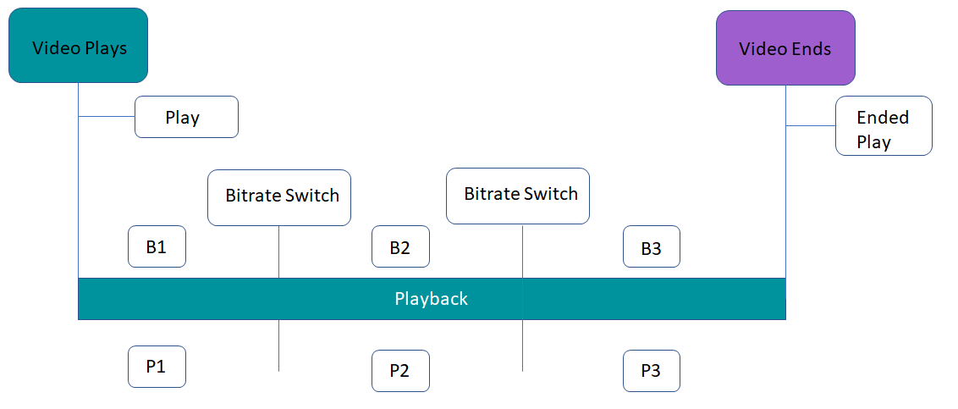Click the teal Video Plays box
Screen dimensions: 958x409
click(78, 45)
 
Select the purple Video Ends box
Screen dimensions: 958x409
click(785, 47)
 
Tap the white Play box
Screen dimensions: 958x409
click(186, 117)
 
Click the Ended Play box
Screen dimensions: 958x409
click(884, 126)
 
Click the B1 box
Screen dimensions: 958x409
click(157, 246)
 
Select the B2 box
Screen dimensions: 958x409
click(400, 246)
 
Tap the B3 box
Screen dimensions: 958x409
click(652, 246)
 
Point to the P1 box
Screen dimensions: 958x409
click(157, 366)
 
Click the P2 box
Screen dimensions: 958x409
click(400, 371)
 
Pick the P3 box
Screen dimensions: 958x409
click(652, 371)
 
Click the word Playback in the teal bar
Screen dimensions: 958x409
click(432, 299)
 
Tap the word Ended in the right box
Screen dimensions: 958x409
click(883, 117)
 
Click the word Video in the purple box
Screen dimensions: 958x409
click(762, 49)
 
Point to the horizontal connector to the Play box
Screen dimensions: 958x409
click(107, 116)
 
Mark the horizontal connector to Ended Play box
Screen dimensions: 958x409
click(811, 126)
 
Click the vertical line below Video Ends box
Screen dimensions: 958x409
click(785, 181)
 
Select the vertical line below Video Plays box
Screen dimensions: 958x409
click(78, 180)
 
